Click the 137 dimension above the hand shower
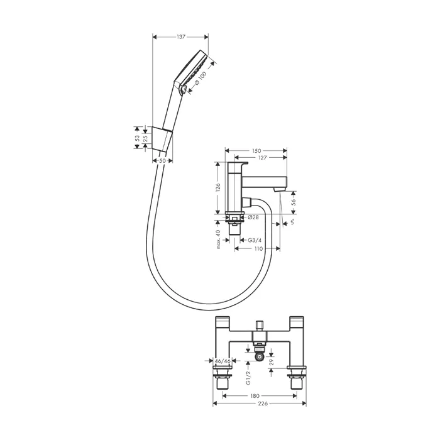181,36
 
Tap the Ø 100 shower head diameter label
201,78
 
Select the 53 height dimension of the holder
137,138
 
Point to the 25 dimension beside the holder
145,138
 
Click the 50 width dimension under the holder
162,160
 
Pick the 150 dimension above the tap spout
256,151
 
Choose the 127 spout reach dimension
262,158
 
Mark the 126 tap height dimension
218,187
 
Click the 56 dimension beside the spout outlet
294,202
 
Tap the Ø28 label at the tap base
253,217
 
